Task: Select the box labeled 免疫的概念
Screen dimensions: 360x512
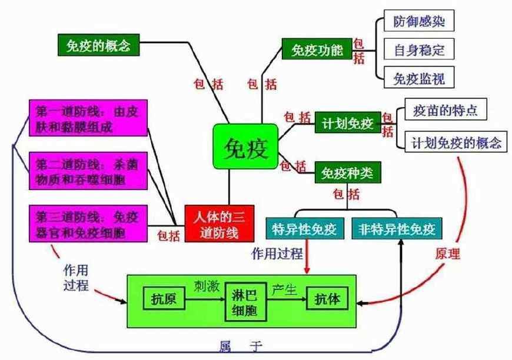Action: coord(99,44)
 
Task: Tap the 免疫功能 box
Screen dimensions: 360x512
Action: coord(317,50)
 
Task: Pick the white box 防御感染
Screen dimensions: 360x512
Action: coord(419,22)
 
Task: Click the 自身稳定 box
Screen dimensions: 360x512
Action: coord(419,50)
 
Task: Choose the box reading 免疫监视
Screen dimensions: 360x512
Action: coord(419,78)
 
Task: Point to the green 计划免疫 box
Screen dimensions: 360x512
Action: coord(348,124)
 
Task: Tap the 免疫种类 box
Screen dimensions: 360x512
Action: coord(348,174)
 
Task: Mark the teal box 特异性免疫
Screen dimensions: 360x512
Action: coord(305,229)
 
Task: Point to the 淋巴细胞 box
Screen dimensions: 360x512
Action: coord(247,302)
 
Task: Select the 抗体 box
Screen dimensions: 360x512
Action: coord(328,300)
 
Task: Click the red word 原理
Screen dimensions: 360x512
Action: coord(448,255)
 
